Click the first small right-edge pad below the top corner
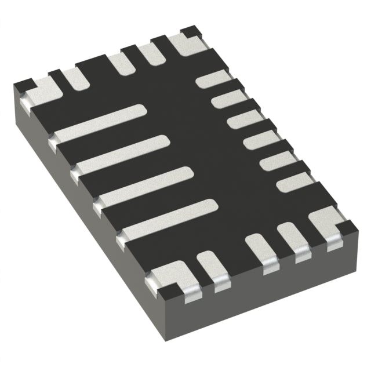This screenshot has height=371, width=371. click(x=213, y=79)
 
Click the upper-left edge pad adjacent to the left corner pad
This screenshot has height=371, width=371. click(x=74, y=78)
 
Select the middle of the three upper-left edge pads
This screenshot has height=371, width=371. click(x=122, y=63)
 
